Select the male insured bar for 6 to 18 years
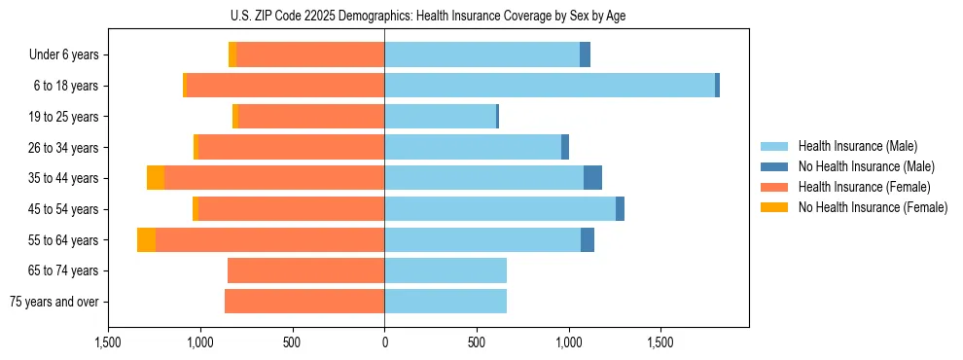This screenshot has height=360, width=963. click(550, 86)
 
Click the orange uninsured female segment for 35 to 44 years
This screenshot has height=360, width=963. click(156, 178)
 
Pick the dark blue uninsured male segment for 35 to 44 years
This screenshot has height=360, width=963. click(592, 178)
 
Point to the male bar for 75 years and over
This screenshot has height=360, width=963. click(446, 302)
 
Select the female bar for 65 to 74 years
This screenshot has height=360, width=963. click(305, 270)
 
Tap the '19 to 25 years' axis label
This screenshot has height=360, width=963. click(62, 117)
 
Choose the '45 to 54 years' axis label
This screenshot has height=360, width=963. click(62, 209)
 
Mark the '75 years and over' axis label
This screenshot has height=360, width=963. click(54, 302)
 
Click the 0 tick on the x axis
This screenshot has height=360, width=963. click(384, 342)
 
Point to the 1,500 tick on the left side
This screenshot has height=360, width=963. click(108, 342)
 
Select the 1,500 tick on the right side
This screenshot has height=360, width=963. click(660, 342)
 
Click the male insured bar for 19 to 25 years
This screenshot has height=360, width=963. click(440, 117)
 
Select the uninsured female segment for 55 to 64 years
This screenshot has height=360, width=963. click(146, 240)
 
